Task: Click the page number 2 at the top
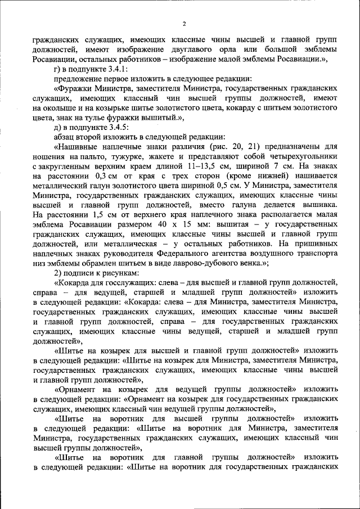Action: coord(184,23)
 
